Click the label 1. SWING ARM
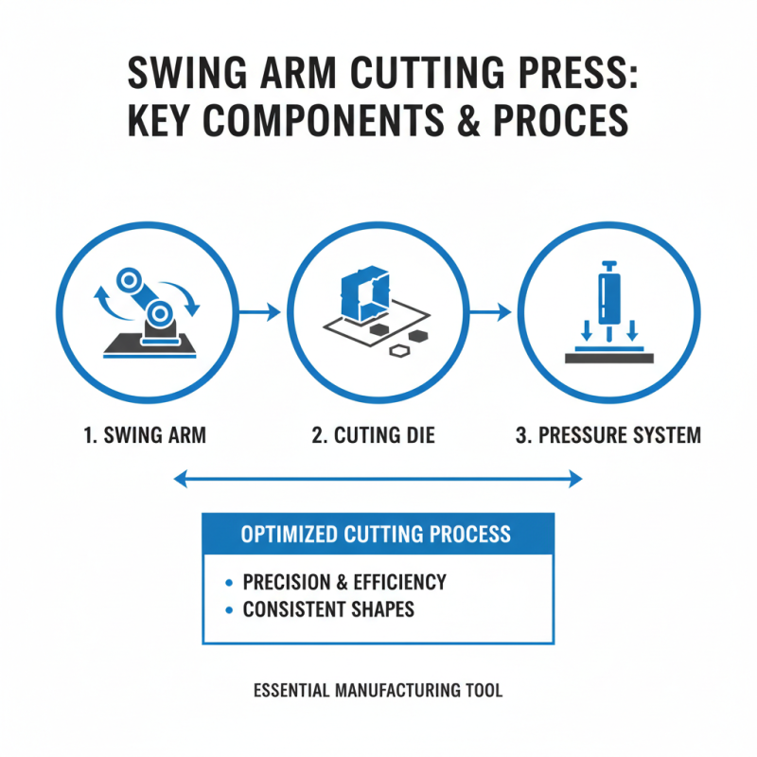point(144,436)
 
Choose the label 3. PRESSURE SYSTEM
point(608,436)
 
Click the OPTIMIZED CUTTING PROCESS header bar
point(378,534)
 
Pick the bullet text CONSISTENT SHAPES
point(328,608)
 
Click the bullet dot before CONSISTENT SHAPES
point(228,609)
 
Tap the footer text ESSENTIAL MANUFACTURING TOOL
point(378,691)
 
